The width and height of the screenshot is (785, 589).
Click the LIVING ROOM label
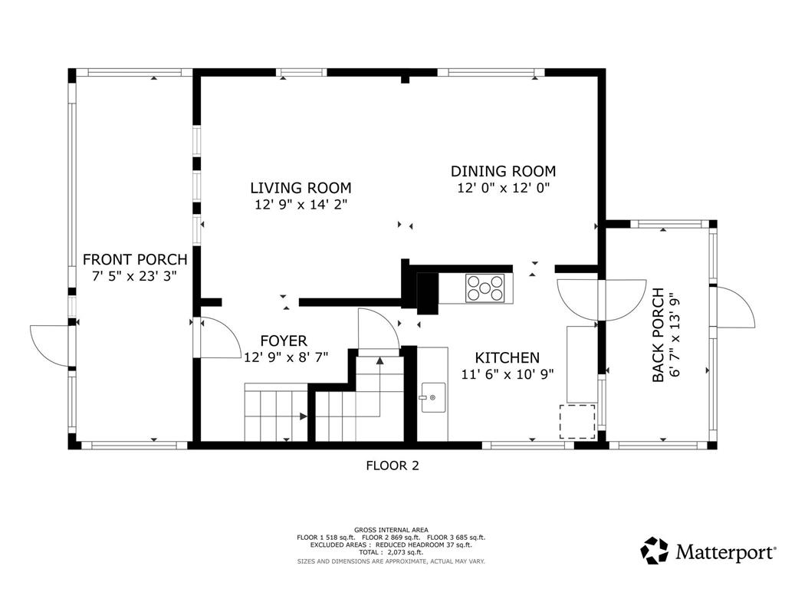301,188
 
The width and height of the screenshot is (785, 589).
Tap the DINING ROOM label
503,171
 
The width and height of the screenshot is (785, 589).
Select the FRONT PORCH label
135,259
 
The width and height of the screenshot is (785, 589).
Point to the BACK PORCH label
659,335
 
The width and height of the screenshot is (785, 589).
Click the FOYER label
284,341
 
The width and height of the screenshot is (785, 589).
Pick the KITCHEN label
507,357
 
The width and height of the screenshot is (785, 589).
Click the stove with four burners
484,288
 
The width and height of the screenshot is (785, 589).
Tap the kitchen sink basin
433,397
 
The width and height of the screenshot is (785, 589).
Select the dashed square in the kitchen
577,422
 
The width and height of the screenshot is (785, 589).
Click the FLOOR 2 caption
392,466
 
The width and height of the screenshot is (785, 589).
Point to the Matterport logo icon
655,551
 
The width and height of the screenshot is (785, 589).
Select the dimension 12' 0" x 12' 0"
504,189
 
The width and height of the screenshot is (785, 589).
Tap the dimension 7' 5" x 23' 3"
135,276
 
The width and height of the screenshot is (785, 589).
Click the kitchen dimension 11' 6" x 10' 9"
507,374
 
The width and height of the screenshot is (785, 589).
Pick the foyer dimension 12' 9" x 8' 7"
286,357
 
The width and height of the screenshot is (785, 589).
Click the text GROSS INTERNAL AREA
391,530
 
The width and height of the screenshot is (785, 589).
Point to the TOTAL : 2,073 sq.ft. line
391,552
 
